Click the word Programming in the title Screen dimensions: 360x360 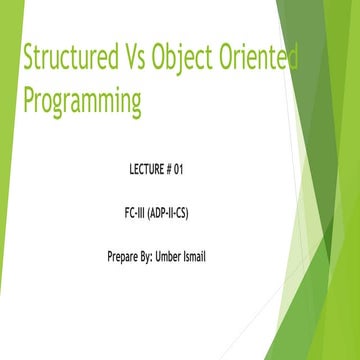click(x=82, y=101)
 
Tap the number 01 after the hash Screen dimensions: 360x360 click(x=206, y=169)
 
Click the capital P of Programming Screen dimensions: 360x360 click(x=28, y=99)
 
